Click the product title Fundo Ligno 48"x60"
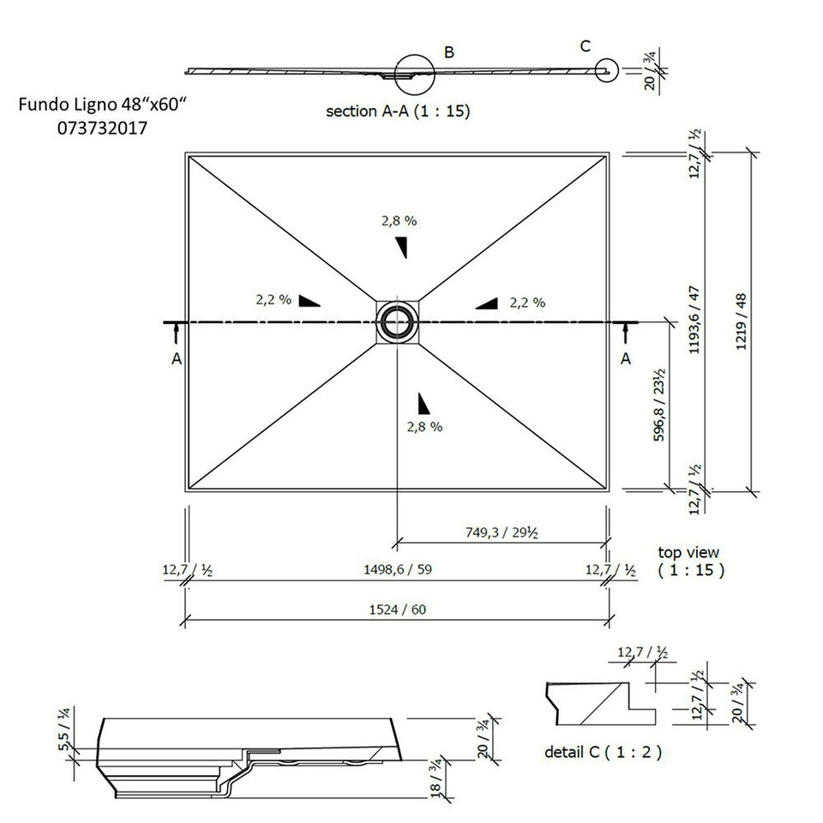coord(102,105)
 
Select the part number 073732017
coord(102,129)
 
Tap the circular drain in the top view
coord(396,321)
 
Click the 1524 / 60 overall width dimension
coord(398,610)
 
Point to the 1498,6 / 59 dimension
coord(398,570)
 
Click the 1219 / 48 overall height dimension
coord(742,321)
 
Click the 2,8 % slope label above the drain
coord(399,220)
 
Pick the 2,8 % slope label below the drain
coord(424,427)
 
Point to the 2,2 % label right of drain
coord(527,302)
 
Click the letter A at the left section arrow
coord(176,360)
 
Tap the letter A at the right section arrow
coord(625,359)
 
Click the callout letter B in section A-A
coord(448,53)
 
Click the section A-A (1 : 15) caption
coord(398,111)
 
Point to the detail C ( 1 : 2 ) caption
coord(603,753)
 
